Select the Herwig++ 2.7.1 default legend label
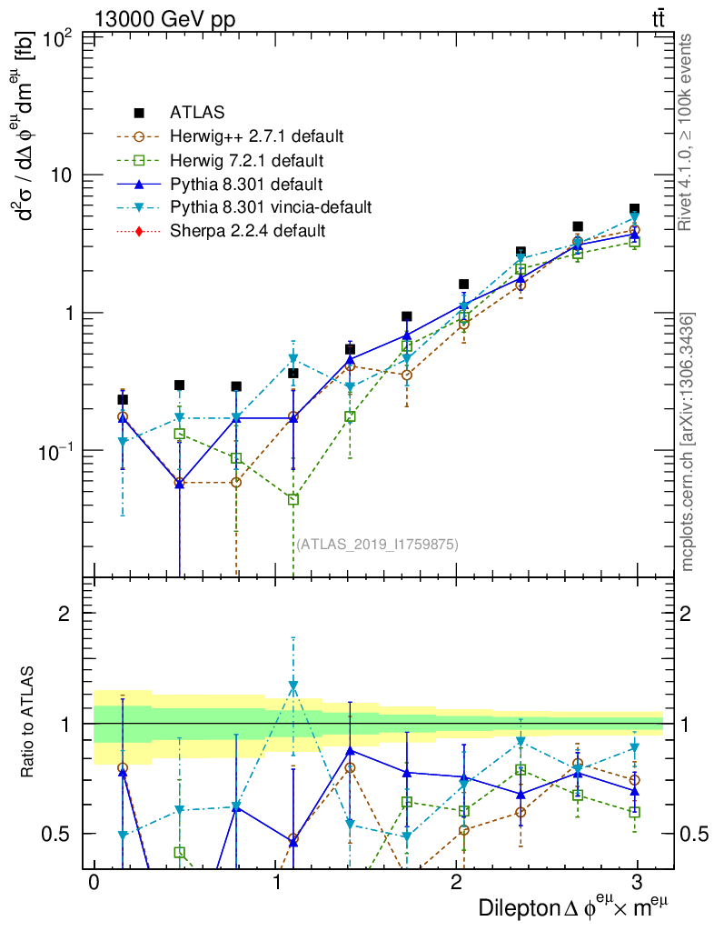pos(256,137)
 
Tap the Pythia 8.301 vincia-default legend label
pos(270,207)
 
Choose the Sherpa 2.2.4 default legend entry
pos(247,231)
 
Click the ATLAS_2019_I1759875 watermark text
pos(377,545)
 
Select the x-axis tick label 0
pos(93,883)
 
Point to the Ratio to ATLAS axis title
pos(29,724)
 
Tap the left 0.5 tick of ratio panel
pos(62,834)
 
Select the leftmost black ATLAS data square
pos(123,399)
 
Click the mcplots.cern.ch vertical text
pos(688,442)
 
